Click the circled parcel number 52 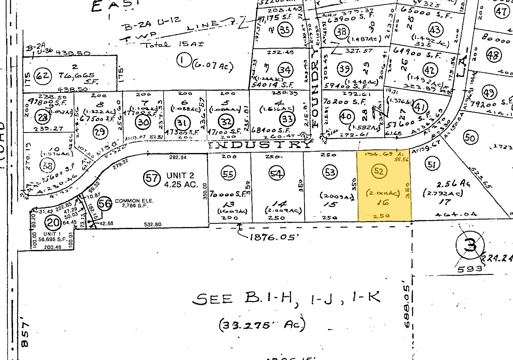(x=379, y=171)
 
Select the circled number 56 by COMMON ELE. (x=105, y=205)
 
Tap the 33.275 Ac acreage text (x=262, y=325)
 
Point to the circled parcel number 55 (x=229, y=173)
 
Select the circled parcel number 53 (x=329, y=171)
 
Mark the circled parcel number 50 (x=470, y=138)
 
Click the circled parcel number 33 (x=287, y=119)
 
